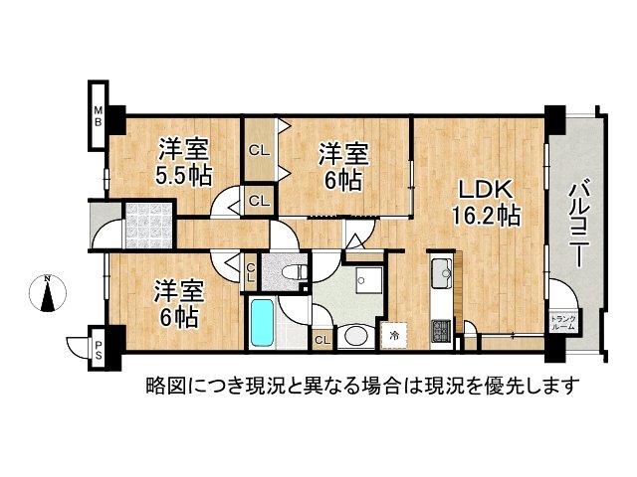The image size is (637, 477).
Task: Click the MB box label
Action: tap(99, 114)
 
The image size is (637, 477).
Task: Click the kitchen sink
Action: tap(441, 269)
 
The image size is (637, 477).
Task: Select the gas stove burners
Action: tap(439, 331)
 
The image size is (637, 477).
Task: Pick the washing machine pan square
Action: tap(367, 282)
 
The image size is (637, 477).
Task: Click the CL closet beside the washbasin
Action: tap(321, 340)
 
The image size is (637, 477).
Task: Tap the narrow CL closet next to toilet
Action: tap(252, 271)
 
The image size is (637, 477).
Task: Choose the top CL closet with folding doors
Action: tap(259, 151)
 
